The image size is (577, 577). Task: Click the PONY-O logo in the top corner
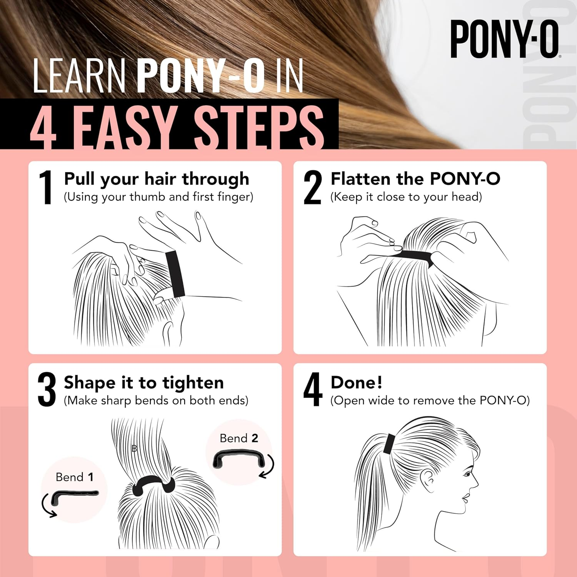pos(505,39)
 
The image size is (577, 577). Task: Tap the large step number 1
pos(46,187)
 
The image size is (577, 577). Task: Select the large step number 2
pos(312,187)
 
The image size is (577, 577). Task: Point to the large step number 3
pos(47,389)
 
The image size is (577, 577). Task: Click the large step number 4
pos(312,389)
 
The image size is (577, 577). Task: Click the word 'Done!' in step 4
pos(357,382)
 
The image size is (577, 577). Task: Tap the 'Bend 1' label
pos(75,477)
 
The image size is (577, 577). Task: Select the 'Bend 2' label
pos(239,438)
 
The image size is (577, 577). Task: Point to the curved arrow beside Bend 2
pos(268,466)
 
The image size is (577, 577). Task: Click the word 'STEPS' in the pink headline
pos(258,127)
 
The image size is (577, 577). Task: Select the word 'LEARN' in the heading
pos(79,76)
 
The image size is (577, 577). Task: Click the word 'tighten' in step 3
pos(193,383)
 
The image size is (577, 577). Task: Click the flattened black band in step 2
pos(415,256)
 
